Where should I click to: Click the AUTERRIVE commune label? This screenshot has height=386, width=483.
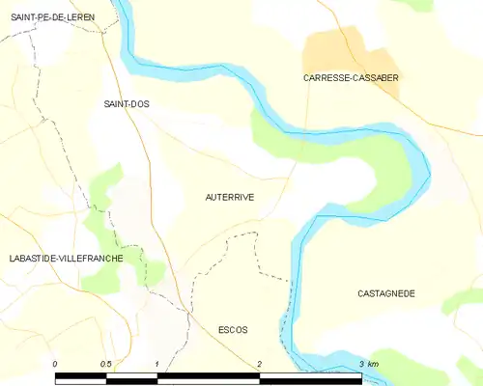pos(230,197)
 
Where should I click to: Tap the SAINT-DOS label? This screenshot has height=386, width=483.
pos(127,103)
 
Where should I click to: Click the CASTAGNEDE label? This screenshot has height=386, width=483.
pos(386,293)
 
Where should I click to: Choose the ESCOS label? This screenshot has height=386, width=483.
pos(234,330)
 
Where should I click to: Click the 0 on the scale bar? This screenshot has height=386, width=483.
pos(55,363)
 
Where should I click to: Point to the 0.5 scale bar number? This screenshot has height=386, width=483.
pos(106,363)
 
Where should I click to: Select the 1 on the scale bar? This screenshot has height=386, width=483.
pos(157,363)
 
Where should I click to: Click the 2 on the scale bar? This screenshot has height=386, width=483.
pos(260,363)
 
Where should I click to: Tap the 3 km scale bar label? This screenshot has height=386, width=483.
pos(367,363)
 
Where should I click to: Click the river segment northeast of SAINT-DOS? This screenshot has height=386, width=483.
pos(193,73)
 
